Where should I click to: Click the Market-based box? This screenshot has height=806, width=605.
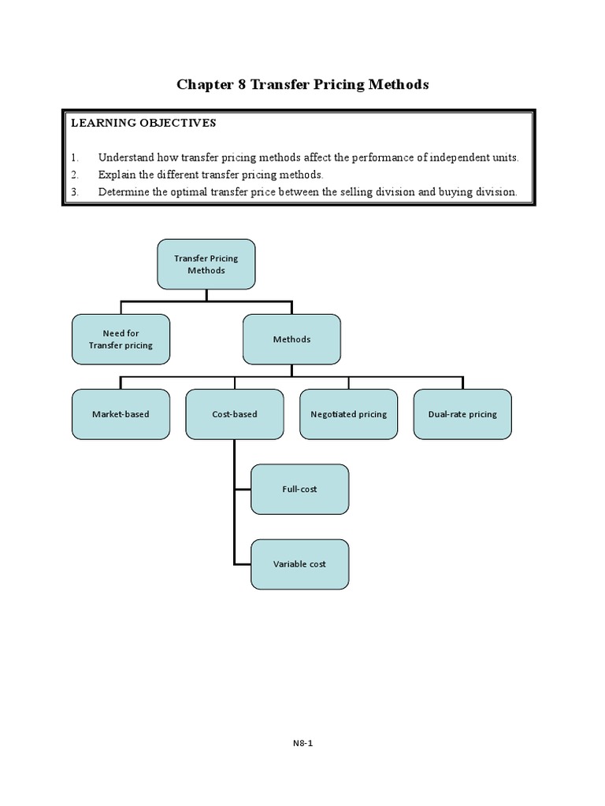(x=121, y=414)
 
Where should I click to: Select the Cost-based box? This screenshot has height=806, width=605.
(x=235, y=414)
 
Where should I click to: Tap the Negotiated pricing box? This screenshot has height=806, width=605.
(x=348, y=414)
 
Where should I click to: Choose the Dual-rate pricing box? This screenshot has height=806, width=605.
(x=462, y=414)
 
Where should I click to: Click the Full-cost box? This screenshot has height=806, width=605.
(x=299, y=489)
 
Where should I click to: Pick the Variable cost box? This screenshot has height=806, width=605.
(x=299, y=564)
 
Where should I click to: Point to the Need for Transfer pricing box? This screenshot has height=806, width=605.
(x=121, y=339)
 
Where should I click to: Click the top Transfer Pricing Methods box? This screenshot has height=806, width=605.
(x=206, y=264)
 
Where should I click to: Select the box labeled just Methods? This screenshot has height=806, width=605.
(x=291, y=339)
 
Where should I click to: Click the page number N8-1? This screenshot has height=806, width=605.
(x=302, y=742)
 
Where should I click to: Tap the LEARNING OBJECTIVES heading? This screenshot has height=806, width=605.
(x=143, y=123)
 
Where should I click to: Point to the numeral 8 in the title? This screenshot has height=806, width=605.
(x=242, y=84)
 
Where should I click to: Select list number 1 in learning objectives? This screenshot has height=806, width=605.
(x=75, y=157)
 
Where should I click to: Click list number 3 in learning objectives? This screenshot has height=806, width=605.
(x=75, y=191)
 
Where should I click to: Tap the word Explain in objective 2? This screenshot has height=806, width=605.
(x=117, y=175)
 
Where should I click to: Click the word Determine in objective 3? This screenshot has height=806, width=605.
(x=124, y=191)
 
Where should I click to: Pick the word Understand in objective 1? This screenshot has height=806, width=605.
(x=127, y=157)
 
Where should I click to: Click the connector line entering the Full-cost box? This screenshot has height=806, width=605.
(x=243, y=489)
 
